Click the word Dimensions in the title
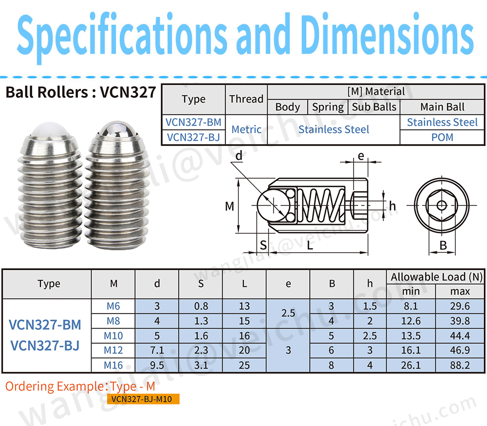387,34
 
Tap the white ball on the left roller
50,129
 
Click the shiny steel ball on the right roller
117,128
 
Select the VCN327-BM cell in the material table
193,122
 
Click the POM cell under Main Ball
442,137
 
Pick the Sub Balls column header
374,107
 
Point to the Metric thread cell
246,129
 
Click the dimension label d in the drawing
239,156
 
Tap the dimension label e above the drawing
360,156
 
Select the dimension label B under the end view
443,245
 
